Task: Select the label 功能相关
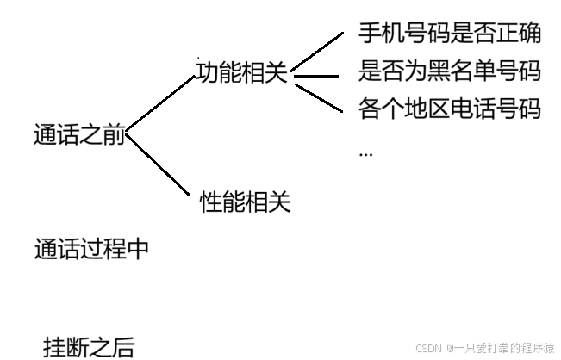point(241,72)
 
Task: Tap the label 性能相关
point(246,202)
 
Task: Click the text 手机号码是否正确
point(450,34)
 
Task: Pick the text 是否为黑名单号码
point(450,71)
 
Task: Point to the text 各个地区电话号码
point(450,109)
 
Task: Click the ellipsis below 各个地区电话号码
point(365,152)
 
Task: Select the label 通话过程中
point(91,249)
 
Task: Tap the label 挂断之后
point(90,347)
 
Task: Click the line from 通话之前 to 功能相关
point(160,104)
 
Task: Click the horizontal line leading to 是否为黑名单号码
point(317,76)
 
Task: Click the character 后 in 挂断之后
point(124,347)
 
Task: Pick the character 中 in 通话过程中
point(137,249)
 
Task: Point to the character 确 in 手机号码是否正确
point(530,34)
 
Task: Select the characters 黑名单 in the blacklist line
point(450,71)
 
